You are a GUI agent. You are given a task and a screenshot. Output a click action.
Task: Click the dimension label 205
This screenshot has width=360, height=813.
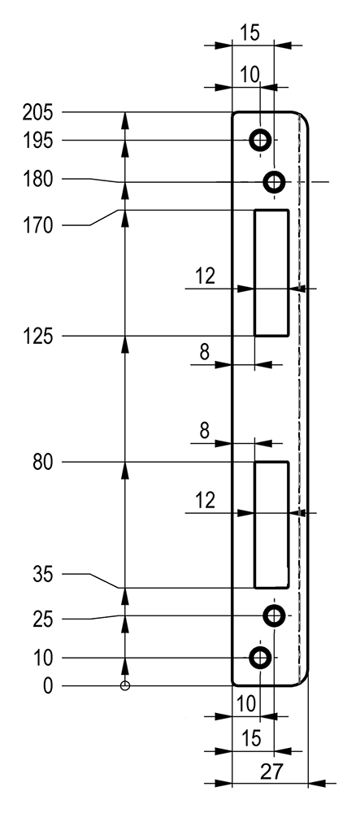[x=37, y=112]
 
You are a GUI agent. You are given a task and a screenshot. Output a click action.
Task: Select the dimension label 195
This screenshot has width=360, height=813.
[x=37, y=141]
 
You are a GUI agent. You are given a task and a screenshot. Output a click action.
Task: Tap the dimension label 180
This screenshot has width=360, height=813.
[x=37, y=180]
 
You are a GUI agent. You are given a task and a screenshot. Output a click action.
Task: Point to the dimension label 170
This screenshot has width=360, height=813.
[x=37, y=226]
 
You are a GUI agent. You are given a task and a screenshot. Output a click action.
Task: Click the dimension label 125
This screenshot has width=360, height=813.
[x=37, y=337]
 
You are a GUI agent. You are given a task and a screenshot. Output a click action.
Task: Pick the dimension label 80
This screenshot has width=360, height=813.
[x=42, y=463]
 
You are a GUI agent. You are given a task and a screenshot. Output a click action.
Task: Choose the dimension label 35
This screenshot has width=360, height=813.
[x=42, y=575]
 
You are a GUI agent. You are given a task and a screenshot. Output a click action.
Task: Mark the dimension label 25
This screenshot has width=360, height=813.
[x=42, y=620]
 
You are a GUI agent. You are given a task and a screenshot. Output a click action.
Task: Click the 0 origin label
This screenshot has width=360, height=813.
[x=48, y=686]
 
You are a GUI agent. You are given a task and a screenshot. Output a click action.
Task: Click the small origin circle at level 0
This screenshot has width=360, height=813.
[x=124, y=686]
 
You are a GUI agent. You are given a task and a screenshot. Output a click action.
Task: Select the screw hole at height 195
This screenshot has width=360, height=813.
[x=260, y=140]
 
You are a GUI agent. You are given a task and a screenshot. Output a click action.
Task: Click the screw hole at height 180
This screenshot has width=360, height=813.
[x=275, y=182]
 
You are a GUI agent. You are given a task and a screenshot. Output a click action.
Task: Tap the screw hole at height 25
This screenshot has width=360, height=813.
[x=275, y=615]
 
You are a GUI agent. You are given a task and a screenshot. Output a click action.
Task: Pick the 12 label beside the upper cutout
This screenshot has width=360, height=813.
[x=205, y=276]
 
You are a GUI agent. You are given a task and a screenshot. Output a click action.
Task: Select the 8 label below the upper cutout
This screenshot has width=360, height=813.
[x=205, y=353]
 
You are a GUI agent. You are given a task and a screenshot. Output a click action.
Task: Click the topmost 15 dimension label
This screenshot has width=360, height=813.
[x=249, y=33]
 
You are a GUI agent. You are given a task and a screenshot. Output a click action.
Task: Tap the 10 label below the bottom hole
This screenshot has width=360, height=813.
[x=246, y=703]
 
